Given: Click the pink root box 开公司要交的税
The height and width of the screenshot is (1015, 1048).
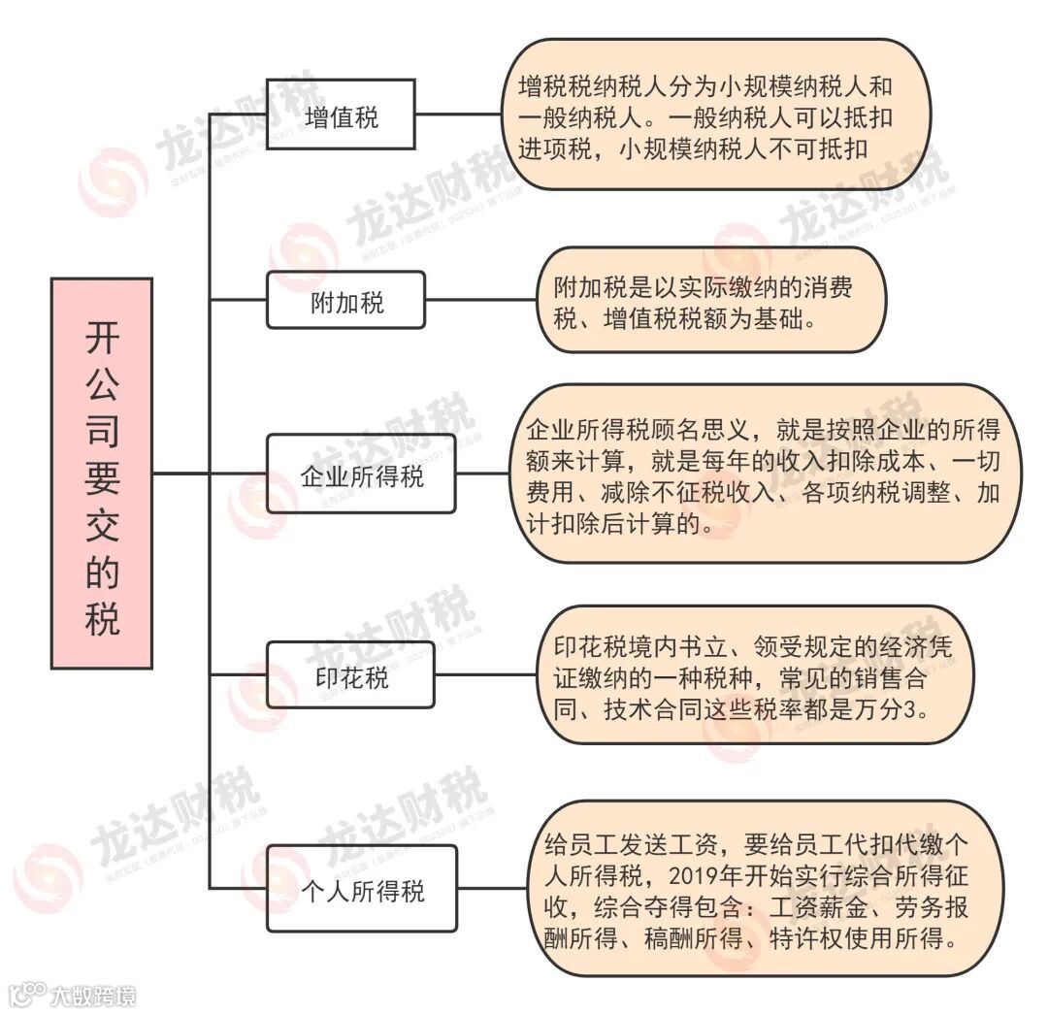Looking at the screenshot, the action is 101,474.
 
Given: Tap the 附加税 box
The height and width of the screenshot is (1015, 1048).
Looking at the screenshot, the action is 346,302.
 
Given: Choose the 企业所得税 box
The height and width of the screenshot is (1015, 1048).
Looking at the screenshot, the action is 361,475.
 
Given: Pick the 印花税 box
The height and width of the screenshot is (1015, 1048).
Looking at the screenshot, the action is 351,676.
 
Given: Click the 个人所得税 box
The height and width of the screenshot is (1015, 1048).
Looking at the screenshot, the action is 361,889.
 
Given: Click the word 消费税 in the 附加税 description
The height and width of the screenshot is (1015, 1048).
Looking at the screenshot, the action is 824,287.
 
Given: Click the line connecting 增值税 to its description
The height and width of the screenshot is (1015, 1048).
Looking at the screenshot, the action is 457,114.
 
